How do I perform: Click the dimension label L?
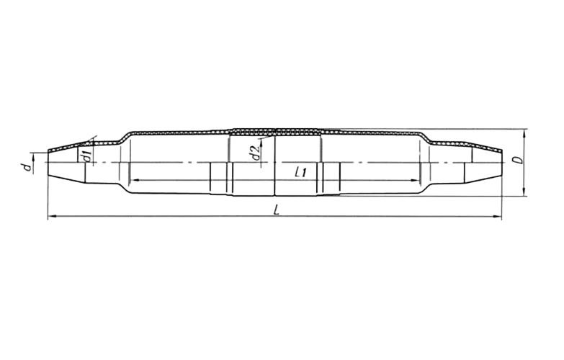(x=277, y=210)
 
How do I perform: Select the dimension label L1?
(x=300, y=172)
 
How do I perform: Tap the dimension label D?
(x=518, y=160)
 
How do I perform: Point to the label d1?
(x=86, y=157)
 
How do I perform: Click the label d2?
(x=256, y=153)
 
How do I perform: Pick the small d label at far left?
(x=25, y=167)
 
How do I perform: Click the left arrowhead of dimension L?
(x=51, y=216)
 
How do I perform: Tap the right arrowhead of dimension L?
(x=498, y=217)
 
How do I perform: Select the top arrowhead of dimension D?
(x=525, y=132)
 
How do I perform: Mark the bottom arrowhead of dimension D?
(x=525, y=192)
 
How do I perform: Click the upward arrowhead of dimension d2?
(x=261, y=143)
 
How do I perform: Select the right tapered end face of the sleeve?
(x=502, y=163)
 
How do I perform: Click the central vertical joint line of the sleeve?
(x=275, y=162)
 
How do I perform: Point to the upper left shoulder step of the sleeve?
(x=124, y=137)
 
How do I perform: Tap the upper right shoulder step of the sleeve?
(x=426, y=137)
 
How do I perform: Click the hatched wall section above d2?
(x=252, y=132)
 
